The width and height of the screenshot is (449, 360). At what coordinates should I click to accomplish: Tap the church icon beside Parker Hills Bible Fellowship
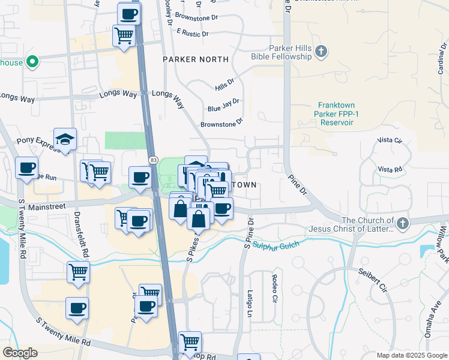[x=321, y=52]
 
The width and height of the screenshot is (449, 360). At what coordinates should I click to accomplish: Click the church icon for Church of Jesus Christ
[x=402, y=224]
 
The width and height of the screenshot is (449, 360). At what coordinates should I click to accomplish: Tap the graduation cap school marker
[x=65, y=140]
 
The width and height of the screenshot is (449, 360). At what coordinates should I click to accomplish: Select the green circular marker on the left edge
[x=34, y=61]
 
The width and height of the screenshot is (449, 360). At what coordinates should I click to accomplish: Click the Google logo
[x=20, y=353]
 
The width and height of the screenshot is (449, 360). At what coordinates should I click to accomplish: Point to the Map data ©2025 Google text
[x=411, y=355]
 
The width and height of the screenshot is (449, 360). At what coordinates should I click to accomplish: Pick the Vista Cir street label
[x=389, y=140]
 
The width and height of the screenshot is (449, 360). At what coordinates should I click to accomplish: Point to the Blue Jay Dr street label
[x=223, y=106]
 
